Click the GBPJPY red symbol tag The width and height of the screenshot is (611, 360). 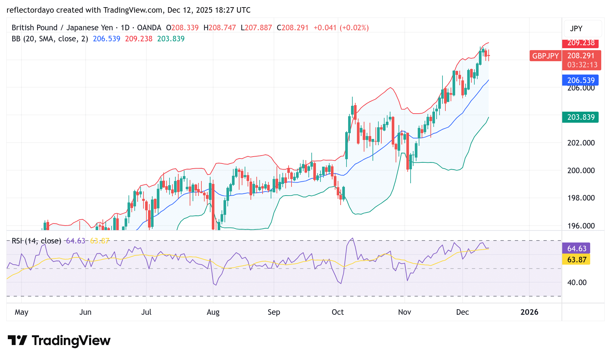click(545, 56)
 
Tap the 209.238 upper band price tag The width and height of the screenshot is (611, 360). click(581, 43)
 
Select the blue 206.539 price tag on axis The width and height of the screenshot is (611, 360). click(581, 80)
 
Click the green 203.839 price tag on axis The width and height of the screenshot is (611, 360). click(581, 117)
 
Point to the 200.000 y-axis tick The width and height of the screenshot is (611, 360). click(581, 171)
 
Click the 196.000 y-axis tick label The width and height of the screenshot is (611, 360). click(581, 226)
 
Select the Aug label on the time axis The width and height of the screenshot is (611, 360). click(213, 312)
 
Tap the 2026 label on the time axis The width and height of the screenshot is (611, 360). click(529, 312)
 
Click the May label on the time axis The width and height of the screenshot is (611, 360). click(21, 312)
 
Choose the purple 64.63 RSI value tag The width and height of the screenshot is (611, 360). click(577, 249)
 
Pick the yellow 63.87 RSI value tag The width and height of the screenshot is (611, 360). click(577, 260)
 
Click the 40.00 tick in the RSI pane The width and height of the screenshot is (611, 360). click(577, 283)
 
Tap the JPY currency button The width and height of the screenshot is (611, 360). click(576, 29)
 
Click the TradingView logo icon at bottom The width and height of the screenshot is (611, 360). click(17, 340)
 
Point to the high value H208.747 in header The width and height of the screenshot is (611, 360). click(220, 28)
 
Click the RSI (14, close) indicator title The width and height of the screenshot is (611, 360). click(36, 241)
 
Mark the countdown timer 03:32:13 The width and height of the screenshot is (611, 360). click(582, 65)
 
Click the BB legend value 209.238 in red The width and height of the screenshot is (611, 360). click(139, 39)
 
